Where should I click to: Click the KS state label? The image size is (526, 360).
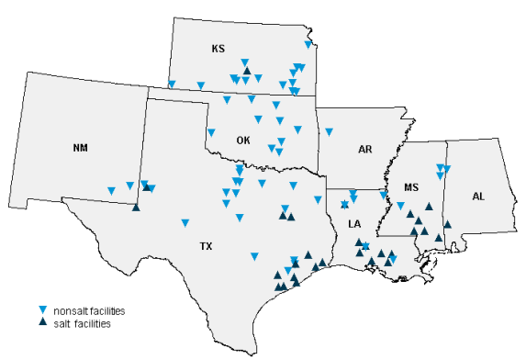(x=218, y=49)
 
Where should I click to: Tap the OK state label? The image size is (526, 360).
(x=243, y=141)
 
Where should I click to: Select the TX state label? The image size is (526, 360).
(x=207, y=246)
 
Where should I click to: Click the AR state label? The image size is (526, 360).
(x=365, y=149)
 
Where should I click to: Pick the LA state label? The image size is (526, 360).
(x=355, y=224)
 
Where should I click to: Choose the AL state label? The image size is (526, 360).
(x=478, y=197)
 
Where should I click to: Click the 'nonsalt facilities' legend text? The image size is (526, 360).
(x=89, y=311)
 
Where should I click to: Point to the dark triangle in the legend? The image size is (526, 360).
(x=41, y=323)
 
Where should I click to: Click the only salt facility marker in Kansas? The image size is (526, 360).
(x=246, y=62)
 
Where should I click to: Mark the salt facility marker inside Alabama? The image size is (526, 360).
(x=448, y=223)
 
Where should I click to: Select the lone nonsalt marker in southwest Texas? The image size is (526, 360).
(x=185, y=222)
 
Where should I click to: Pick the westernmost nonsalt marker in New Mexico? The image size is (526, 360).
(x=111, y=190)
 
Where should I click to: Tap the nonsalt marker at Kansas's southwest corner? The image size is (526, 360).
(x=172, y=84)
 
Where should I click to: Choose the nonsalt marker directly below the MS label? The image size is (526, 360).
(x=400, y=206)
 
